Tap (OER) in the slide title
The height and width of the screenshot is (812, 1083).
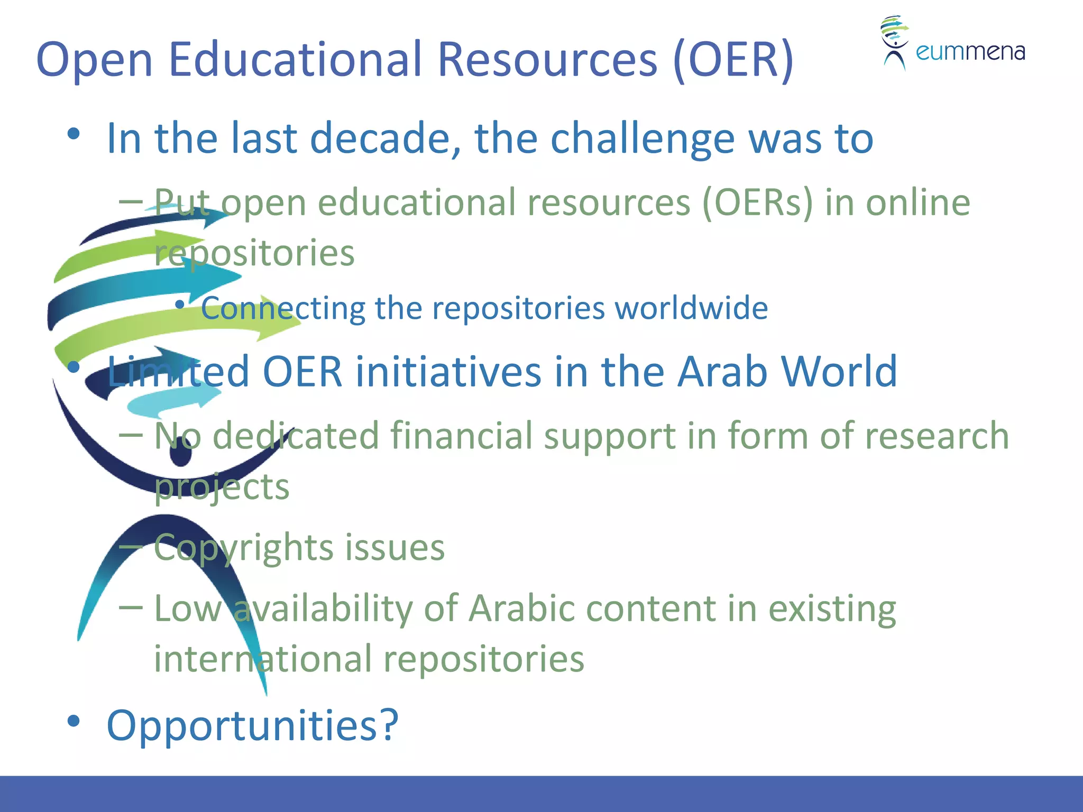[734, 60]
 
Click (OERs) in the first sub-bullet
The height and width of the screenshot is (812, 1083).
[757, 203]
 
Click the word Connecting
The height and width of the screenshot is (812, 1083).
[283, 308]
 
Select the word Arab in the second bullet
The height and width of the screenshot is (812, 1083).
[722, 372]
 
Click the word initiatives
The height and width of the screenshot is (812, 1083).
[448, 372]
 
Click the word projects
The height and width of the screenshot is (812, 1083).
[222, 487]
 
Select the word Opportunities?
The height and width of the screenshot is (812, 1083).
[253, 725]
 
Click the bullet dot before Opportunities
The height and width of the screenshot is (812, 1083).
[74, 721]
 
